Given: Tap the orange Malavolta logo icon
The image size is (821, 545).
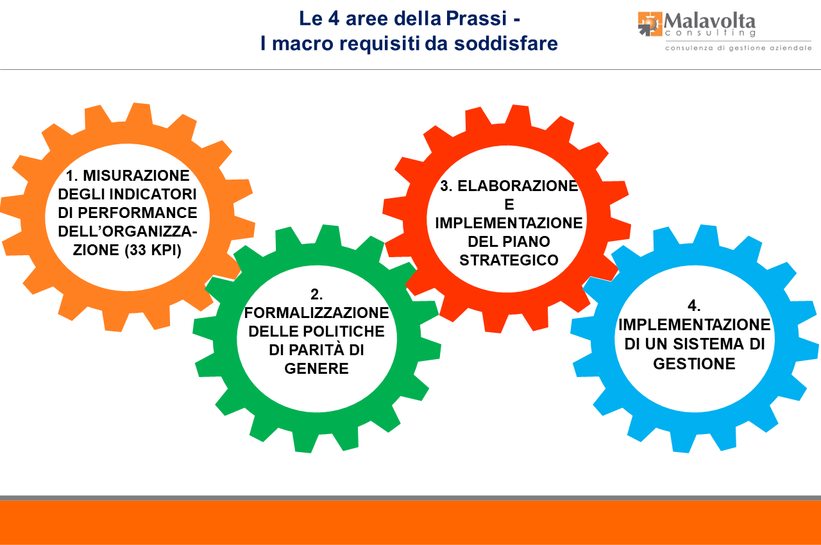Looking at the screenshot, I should (x=650, y=24).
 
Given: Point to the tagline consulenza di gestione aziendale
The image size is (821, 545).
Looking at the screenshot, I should (x=738, y=48).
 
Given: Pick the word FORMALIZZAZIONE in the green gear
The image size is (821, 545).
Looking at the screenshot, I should (x=316, y=313).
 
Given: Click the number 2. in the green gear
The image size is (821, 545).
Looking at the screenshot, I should (x=316, y=294).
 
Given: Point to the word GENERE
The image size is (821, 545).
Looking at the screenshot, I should (x=316, y=369).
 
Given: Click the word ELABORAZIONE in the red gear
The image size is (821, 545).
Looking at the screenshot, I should (x=518, y=186).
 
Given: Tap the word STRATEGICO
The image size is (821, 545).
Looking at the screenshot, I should (x=509, y=260).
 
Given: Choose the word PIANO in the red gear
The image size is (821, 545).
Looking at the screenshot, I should (x=529, y=242).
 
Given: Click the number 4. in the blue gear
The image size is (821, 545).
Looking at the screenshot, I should (x=694, y=305).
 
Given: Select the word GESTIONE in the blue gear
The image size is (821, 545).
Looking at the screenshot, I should (x=694, y=363).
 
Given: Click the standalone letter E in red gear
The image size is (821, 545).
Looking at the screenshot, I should (x=509, y=205).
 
